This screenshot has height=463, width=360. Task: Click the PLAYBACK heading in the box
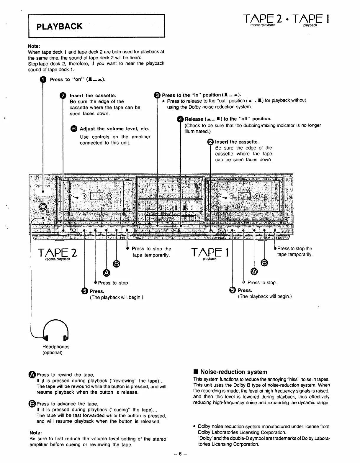pos(59,27)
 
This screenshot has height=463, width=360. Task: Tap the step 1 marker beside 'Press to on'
pos(43,80)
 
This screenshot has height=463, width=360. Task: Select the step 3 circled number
pos(157,95)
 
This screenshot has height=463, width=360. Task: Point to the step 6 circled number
pos(74,129)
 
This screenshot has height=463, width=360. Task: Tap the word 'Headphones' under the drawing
pos(56,347)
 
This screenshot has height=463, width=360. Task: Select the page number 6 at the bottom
pos(180,454)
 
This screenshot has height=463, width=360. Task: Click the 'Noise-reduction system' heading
pos(233,372)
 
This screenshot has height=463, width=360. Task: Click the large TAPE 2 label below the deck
pos(58,253)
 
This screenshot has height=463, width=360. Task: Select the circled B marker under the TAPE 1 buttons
pos(265,263)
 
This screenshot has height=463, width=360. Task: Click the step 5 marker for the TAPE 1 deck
pos(233,290)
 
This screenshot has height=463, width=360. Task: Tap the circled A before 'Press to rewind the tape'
pos(33,375)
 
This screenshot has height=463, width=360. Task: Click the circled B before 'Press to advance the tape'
pos(33,404)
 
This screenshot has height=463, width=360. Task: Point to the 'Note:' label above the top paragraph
pos(34,46)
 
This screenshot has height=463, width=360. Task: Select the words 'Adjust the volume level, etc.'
pos(114,129)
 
